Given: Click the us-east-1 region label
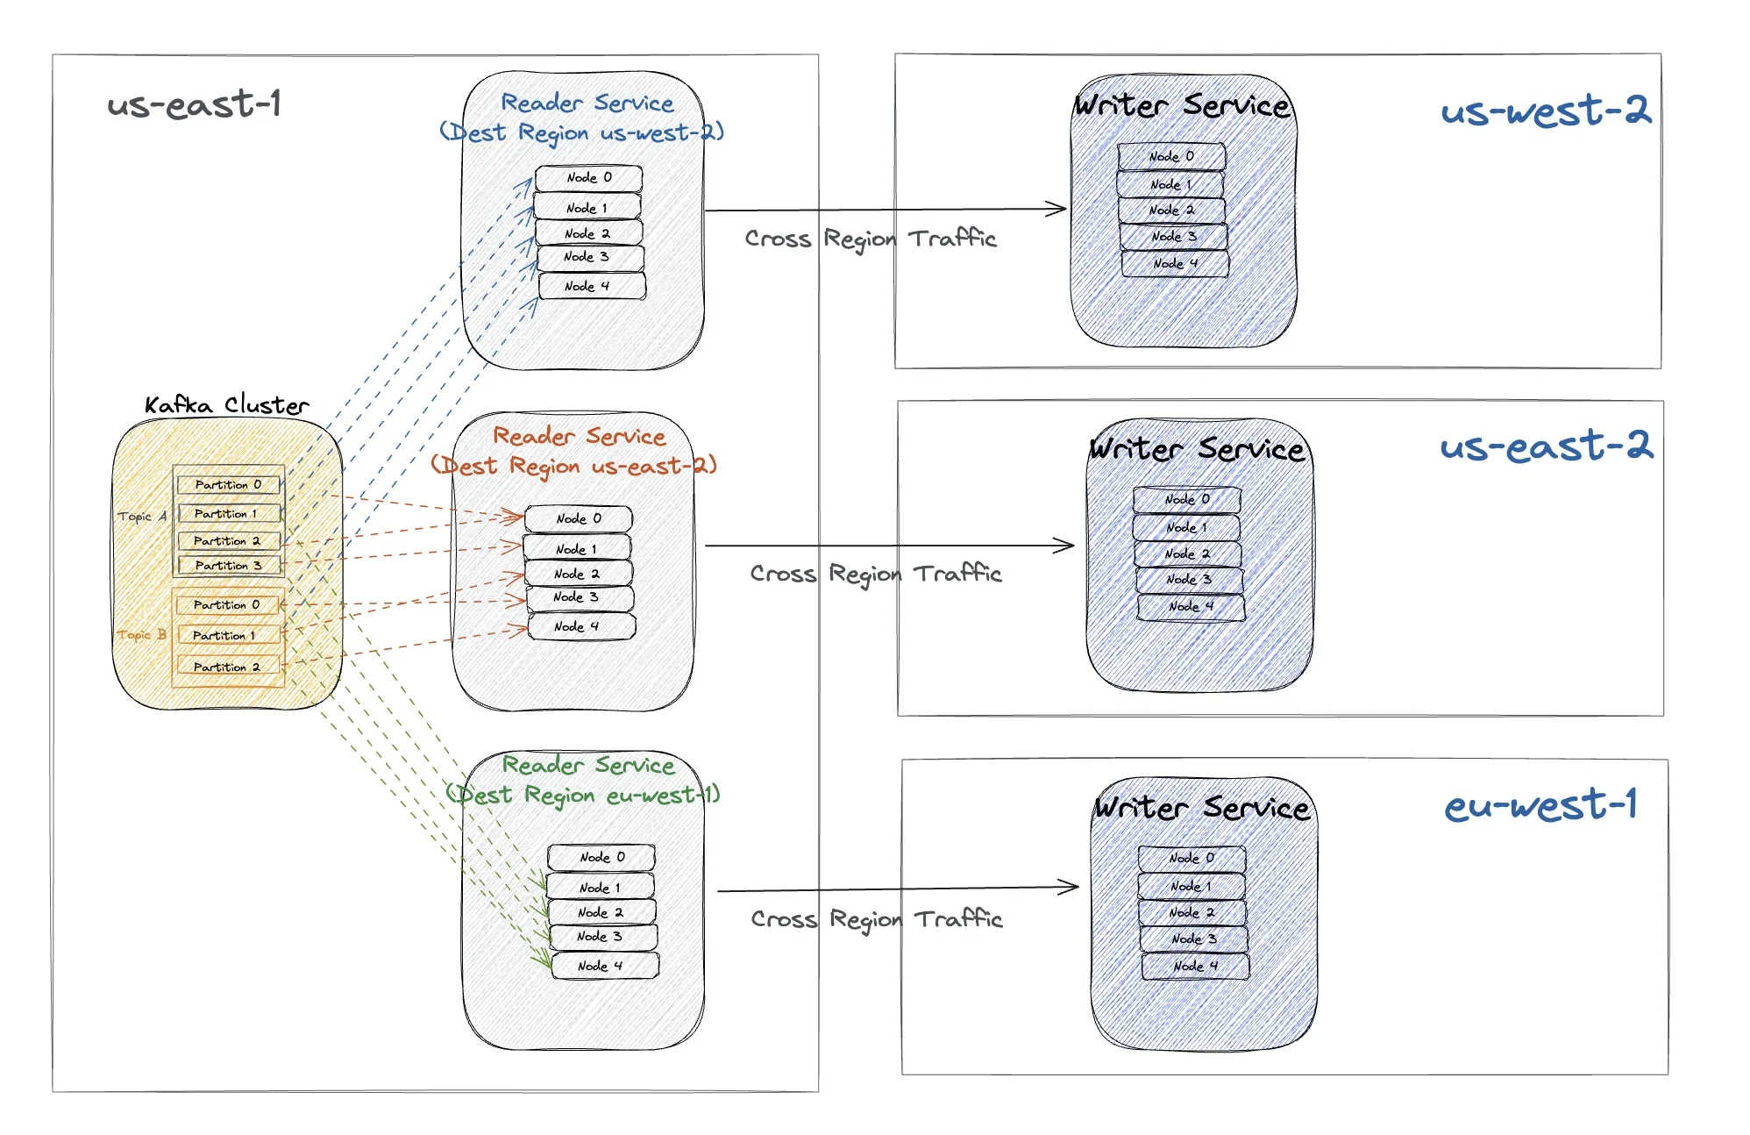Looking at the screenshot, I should coord(194,105).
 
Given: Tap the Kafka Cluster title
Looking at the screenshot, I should coord(226,405).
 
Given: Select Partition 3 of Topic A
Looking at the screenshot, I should coord(229,566).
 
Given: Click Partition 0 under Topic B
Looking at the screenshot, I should coord(227,605).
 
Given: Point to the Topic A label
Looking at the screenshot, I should coord(141,517).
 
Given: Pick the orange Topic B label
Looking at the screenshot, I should coord(141,635).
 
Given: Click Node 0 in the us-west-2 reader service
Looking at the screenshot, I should coord(589,178).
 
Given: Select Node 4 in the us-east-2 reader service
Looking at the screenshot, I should coord(580,626).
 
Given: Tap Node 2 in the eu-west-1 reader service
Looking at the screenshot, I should coord(601,912).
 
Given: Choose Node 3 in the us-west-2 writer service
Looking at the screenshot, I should coord(1173,237).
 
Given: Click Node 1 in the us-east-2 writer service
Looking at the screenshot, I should coord(1187,527).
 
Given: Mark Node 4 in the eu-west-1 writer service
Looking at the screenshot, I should coord(1195,966).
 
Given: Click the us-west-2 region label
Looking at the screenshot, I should coord(1545,111).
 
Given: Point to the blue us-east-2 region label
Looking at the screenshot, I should coord(1546,446).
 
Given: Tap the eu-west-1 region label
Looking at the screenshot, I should coord(1540,805).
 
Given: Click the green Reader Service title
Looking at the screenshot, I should coord(588,765).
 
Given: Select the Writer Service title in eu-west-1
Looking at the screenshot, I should coord(1202,808).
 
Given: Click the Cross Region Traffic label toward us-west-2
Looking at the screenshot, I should coord(870,239).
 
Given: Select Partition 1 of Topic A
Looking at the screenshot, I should coord(227,514).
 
